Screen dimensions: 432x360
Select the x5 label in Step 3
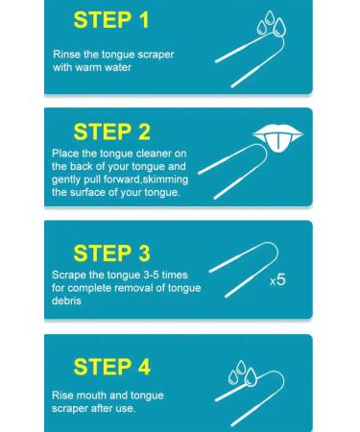tap(276, 281)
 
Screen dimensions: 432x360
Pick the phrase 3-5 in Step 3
tap(150, 275)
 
